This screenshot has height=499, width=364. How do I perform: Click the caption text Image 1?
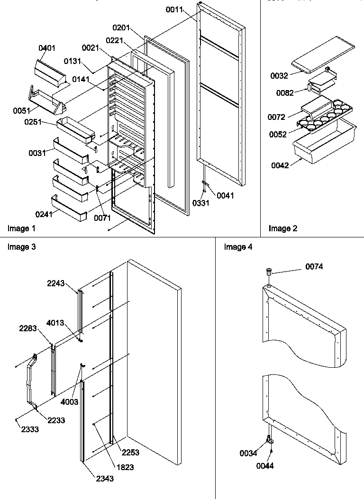[21, 228]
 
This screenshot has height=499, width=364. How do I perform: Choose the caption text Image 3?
[21, 247]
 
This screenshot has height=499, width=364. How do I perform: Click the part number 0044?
[266, 466]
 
